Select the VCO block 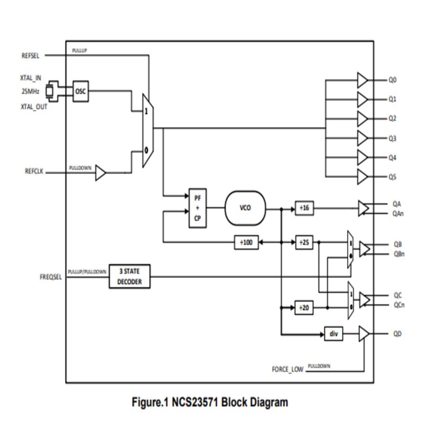coord(245,208)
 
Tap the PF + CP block coord(198,208)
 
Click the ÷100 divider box coord(246,243)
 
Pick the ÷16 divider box coord(304,208)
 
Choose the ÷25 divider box coord(304,243)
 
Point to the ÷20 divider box coord(304,308)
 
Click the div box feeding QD coord(333,333)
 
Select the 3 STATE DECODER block coord(129,277)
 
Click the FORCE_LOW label coord(287,370)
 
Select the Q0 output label coord(392,80)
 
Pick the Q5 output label coord(392,177)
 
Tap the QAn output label coord(398,214)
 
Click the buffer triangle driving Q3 coord(363,139)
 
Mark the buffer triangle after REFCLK coord(100,173)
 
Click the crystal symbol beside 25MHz coord(49,92)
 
